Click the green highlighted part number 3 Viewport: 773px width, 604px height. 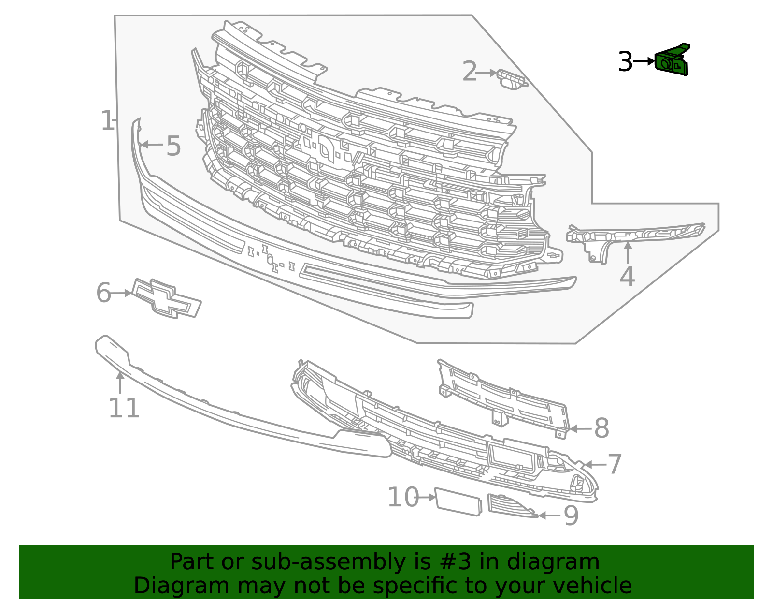pos(672,62)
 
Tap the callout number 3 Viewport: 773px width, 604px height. pos(625,62)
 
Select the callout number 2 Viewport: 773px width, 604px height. pos(469,72)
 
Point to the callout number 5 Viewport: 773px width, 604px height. pos(173,146)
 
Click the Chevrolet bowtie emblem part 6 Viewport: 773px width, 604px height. pos(167,298)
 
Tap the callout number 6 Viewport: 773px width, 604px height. pos(103,293)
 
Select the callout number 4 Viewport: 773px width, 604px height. pos(627,277)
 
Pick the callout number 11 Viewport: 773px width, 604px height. pos(124,408)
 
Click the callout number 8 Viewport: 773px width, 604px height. pos(601,428)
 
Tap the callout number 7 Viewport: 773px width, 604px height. pos(615,464)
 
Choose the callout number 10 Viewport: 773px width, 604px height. pos(403,497)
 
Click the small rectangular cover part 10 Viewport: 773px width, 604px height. pos(458,502)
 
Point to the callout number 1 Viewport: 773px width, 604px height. pos(107,121)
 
